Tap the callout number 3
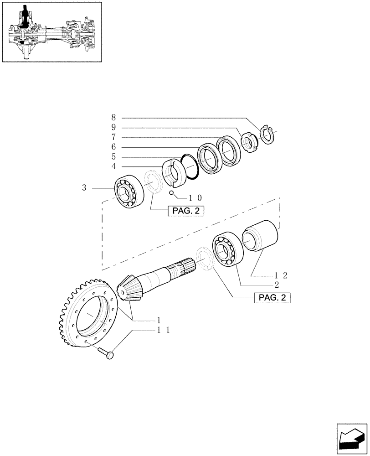point(84,187)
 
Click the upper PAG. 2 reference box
point(186,211)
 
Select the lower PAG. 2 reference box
point(272,298)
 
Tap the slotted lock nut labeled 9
point(250,141)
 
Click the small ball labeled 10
point(172,192)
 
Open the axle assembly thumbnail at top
point(51,32)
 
